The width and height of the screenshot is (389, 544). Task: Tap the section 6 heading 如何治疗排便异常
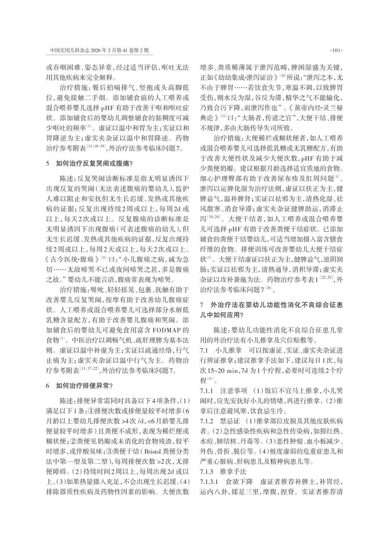(x=85, y=386)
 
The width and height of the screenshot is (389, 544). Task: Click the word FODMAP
(x=166, y=330)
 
